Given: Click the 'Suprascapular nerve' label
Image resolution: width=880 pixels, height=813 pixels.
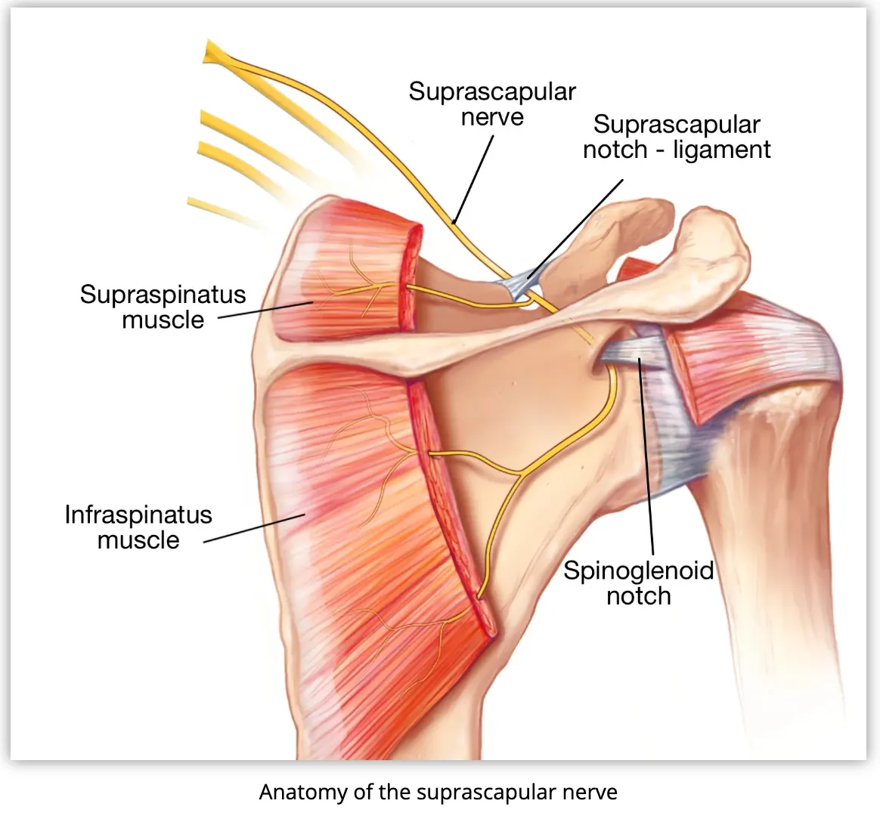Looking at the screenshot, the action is (492, 104).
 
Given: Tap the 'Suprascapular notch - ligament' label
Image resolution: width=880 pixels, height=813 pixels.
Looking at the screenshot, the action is (677, 137).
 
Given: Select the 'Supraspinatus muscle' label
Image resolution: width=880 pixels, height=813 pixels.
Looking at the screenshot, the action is (163, 307).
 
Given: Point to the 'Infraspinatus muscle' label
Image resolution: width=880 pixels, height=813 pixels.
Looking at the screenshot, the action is (138, 527).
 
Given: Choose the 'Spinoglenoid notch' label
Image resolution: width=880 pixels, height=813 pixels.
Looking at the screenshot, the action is (639, 583).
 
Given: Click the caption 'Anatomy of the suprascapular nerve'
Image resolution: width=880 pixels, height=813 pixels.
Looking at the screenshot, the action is (438, 793).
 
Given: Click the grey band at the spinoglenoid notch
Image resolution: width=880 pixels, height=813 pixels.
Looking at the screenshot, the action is (635, 352).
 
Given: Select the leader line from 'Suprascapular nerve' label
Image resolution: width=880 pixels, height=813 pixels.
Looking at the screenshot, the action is (473, 178).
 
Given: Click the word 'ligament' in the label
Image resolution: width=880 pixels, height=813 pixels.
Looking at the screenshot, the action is (722, 150).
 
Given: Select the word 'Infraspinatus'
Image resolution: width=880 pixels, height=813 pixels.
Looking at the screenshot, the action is (138, 515).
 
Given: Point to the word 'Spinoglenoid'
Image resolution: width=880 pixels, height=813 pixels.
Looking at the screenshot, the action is (639, 570).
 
